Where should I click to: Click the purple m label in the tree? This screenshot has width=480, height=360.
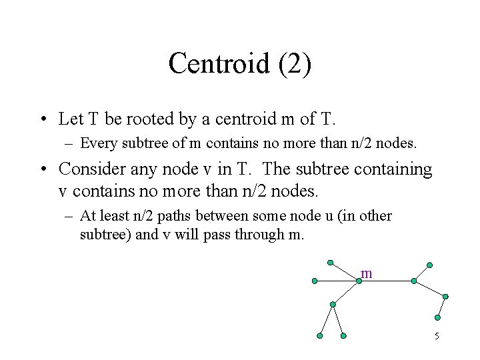[366, 273]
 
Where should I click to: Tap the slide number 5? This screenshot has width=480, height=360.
[437, 335]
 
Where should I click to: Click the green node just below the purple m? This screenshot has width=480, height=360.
[359, 281]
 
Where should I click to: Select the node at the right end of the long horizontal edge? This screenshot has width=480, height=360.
[413, 281]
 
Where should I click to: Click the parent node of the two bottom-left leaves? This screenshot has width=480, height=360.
[333, 304]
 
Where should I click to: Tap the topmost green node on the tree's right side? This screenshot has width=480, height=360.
[430, 265]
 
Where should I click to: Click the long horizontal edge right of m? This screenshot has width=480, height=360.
[386, 281]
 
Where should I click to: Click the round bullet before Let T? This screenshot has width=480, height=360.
[43, 120]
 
